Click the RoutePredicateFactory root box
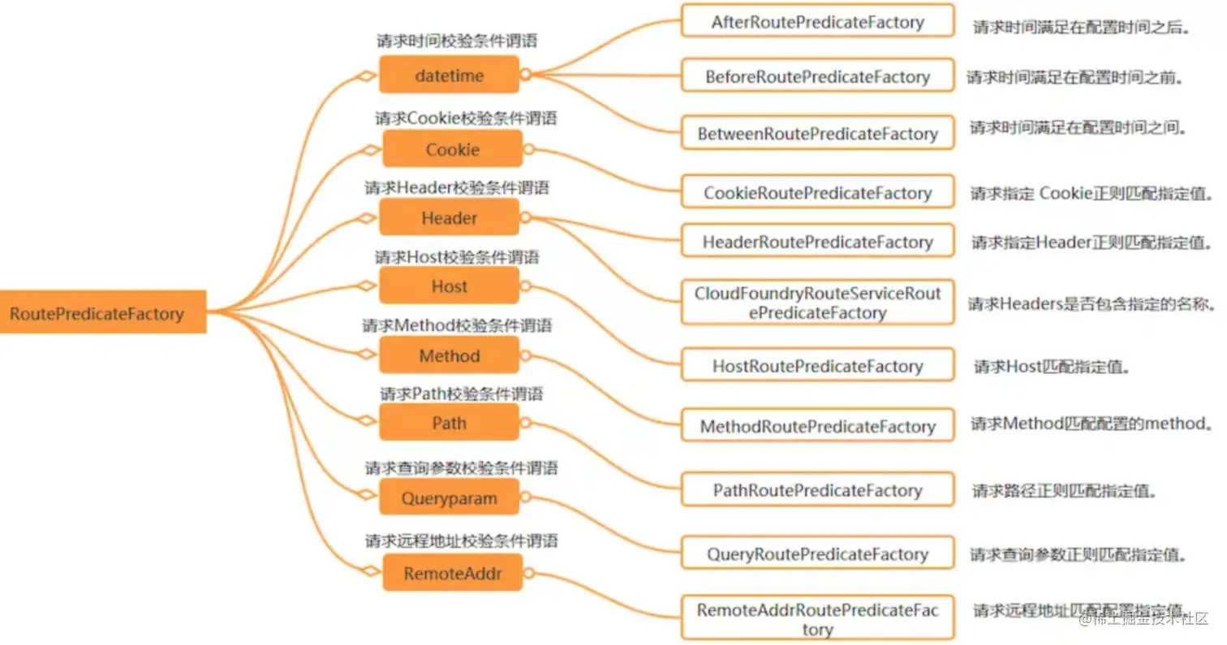[102, 312]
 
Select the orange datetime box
[449, 75]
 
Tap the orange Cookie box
[452, 149]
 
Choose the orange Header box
[449, 217]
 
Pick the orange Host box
[449, 286]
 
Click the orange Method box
[449, 355]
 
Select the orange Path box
[449, 423]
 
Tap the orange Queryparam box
[449, 498]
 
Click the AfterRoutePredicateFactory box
[817, 22]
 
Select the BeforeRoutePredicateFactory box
[817, 77]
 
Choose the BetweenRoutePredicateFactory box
[817, 134]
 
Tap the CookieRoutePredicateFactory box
[817, 193]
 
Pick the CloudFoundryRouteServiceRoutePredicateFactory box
[817, 302]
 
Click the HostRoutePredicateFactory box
[817, 366]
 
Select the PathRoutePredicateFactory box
[817, 490]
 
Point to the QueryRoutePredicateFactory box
[817, 554]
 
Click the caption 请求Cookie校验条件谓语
[466, 118]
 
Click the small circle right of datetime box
[526, 75]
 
